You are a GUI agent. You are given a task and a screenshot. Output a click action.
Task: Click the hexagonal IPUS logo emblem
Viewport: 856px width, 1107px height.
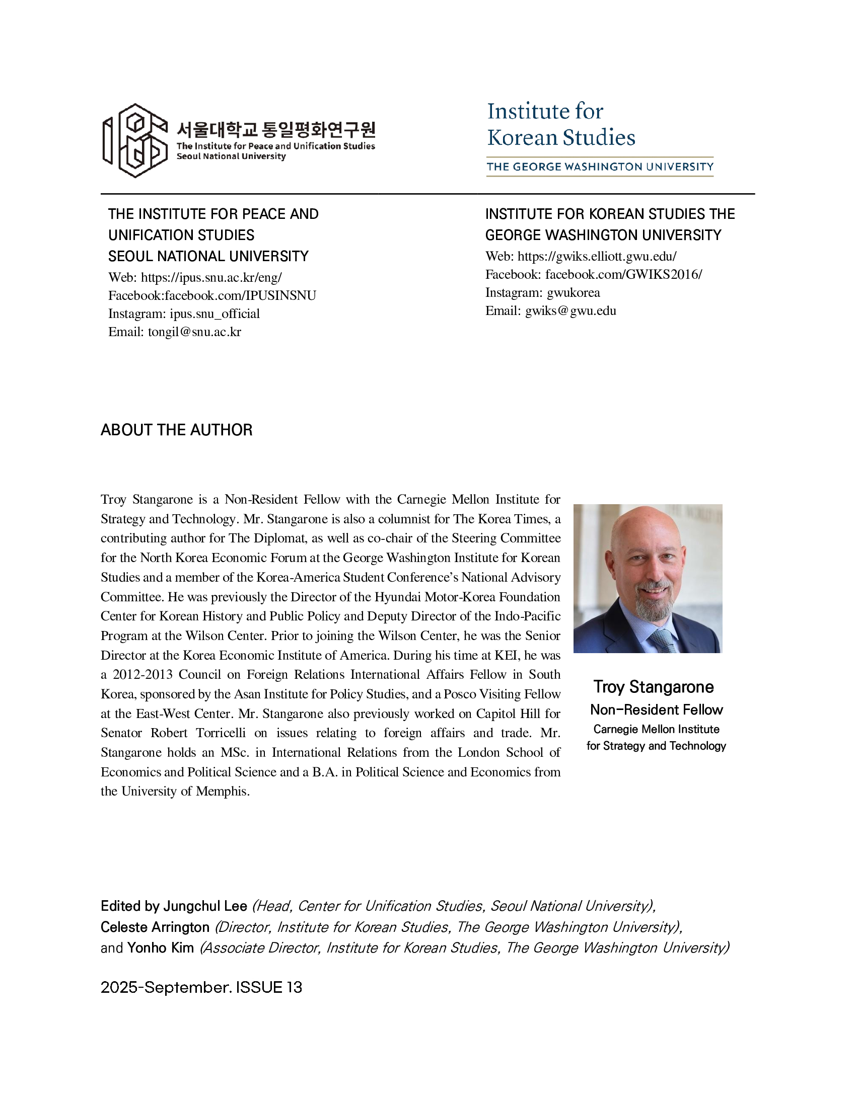click(x=135, y=140)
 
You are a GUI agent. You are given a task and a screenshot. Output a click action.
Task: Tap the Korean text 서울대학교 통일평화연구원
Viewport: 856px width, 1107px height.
click(x=276, y=130)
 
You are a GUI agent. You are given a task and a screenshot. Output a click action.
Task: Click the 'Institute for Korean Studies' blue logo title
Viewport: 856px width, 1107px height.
click(x=560, y=124)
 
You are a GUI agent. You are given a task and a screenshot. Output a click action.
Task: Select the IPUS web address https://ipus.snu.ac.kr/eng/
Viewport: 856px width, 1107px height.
click(x=211, y=277)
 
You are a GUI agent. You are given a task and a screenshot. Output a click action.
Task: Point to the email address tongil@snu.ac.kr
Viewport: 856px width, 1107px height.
click(x=194, y=332)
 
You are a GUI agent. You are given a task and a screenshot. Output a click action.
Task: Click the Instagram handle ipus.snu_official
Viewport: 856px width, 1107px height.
click(x=215, y=314)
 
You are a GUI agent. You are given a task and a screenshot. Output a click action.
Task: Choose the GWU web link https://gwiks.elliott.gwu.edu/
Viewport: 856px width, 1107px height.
click(x=596, y=256)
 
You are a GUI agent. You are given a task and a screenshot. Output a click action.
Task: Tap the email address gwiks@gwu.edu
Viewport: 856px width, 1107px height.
click(x=570, y=310)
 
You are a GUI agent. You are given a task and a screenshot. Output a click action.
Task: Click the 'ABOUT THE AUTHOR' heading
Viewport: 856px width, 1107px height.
click(x=176, y=430)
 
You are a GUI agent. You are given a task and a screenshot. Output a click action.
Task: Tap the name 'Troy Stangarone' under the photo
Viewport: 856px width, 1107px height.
click(x=653, y=687)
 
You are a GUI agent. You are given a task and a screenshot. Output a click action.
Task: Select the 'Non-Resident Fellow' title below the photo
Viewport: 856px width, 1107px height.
click(x=656, y=709)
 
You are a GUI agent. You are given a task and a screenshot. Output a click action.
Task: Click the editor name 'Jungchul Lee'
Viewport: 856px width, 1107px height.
click(x=205, y=906)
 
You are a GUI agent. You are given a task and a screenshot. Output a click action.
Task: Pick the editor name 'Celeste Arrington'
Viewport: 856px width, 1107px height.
click(x=155, y=927)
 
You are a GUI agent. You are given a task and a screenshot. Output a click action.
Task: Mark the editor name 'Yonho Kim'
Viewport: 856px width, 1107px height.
click(x=160, y=948)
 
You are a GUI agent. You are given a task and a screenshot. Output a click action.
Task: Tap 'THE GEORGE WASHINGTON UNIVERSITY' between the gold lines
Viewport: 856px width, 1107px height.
click(x=600, y=167)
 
